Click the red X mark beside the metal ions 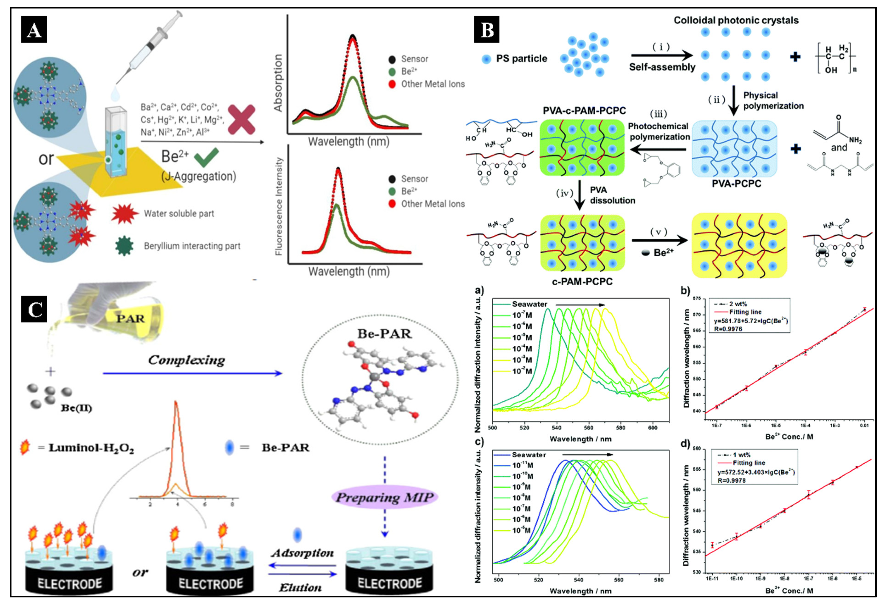pos(241,120)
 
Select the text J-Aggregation pos(198,176)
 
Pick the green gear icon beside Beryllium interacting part pos(124,246)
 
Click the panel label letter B pos(486,30)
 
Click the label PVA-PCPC pos(736,184)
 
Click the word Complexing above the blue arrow pos(186,360)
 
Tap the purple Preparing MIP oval pos(384,497)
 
